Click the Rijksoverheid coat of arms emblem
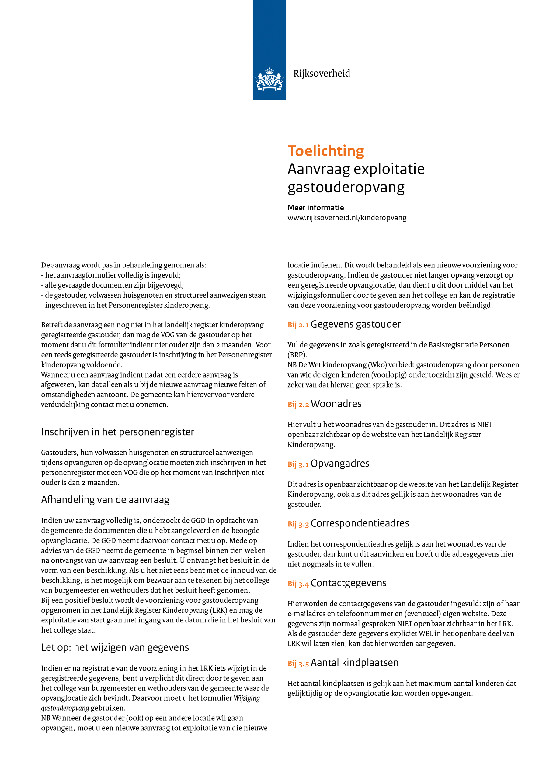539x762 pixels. (269, 79)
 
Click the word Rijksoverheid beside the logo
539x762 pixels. (322, 73)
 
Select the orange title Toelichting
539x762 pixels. (325, 151)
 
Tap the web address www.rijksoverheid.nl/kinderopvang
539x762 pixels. (347, 218)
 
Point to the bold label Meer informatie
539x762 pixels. (315, 208)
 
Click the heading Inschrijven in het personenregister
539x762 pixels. (117, 432)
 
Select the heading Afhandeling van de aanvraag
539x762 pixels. (105, 500)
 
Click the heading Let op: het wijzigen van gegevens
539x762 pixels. (115, 647)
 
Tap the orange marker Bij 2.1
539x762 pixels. (298, 325)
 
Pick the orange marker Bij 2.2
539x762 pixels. (298, 405)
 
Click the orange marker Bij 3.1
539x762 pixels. (298, 464)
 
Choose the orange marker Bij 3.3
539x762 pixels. (298, 524)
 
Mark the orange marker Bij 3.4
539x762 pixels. (298, 584)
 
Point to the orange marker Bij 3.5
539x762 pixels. (298, 664)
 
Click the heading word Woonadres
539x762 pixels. (336, 404)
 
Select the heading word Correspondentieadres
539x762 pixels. (360, 523)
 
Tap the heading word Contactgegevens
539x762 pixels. (348, 583)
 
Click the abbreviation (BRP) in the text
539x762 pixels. (297, 355)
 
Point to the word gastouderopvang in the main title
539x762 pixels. (346, 188)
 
